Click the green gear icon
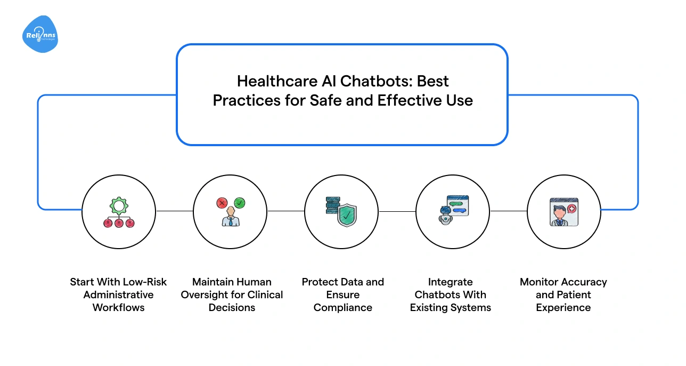click(118, 205)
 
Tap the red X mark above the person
click(222, 203)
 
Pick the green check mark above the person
click(240, 203)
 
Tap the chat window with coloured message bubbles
click(458, 205)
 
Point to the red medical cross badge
click(572, 208)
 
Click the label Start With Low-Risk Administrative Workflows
click(118, 295)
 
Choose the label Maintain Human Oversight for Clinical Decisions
click(232, 295)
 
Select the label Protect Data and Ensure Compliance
click(343, 295)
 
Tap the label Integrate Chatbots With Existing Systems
click(451, 295)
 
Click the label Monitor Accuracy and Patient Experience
click(563, 295)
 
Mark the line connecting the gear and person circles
click(174, 211)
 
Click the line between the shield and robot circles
click(397, 211)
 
